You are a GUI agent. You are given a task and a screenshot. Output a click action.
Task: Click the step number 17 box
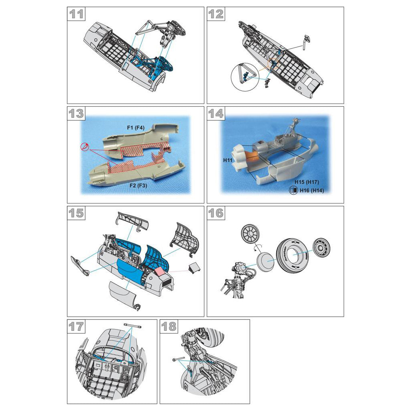pos(76,326)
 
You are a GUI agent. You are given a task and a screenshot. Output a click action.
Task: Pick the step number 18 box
pos(169,326)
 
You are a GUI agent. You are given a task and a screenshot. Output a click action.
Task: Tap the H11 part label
pos(228,160)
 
